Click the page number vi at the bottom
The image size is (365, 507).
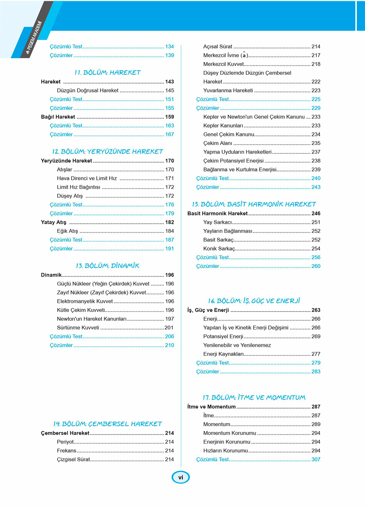point(180,477)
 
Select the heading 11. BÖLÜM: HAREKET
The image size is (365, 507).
point(107,73)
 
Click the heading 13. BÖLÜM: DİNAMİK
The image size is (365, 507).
point(107,266)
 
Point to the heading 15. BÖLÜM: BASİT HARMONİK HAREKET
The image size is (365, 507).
point(254,204)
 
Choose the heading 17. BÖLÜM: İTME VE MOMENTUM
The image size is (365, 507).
point(254,398)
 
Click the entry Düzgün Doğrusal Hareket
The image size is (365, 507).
point(88,90)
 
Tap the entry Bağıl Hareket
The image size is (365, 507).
point(58,117)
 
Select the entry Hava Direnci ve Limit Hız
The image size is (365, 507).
point(87,178)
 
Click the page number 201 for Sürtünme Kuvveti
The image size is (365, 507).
point(169,328)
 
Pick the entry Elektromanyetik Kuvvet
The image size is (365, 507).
point(85,301)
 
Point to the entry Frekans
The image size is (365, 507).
point(66,451)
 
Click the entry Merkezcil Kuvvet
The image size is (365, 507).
point(223,64)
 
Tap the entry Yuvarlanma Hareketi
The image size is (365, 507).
point(228,90)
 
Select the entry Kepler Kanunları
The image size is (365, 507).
point(223,126)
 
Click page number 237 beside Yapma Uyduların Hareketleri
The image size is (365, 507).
point(316,152)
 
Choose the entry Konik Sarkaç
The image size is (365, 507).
point(219,249)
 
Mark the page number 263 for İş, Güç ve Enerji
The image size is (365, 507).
point(316,310)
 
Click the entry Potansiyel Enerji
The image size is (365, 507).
point(223,337)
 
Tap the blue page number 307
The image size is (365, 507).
point(316,460)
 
